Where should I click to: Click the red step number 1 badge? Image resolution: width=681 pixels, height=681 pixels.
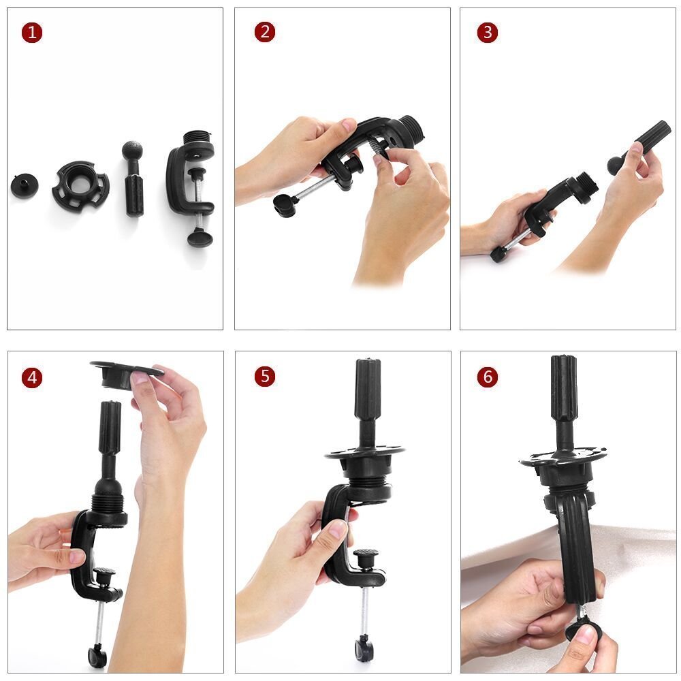tap(31, 33)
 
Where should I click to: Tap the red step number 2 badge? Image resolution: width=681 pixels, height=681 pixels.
tap(265, 32)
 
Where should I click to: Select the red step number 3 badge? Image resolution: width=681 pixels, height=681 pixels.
tap(487, 33)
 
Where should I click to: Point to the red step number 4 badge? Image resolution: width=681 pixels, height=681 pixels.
tap(31, 377)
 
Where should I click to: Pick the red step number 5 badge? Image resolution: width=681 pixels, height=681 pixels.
tap(265, 377)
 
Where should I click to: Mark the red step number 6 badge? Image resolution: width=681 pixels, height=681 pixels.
tap(487, 377)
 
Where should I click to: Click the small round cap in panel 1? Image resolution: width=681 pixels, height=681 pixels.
tap(24, 185)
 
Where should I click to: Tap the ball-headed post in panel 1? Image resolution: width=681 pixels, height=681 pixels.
tap(133, 178)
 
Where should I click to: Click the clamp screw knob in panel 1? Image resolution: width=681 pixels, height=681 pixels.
tap(200, 236)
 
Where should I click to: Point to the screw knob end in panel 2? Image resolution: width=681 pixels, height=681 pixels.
tap(285, 204)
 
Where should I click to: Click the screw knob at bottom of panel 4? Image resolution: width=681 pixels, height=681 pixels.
tap(97, 656)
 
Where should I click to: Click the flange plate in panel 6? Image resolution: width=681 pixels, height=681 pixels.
tap(563, 461)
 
